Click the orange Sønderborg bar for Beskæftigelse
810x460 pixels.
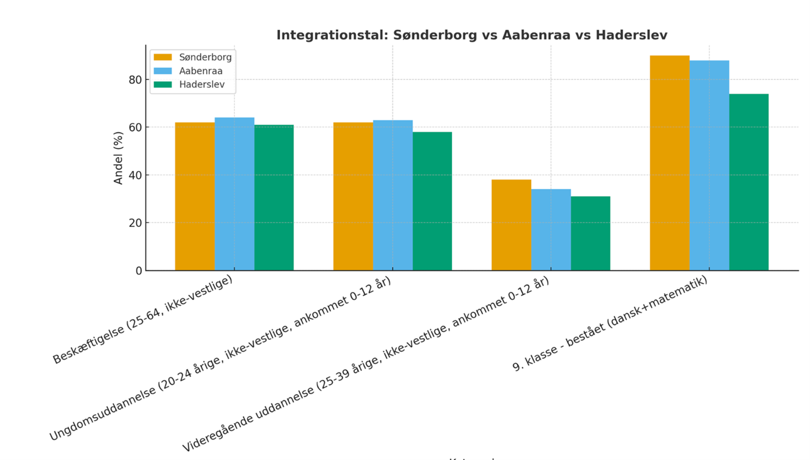point(195,196)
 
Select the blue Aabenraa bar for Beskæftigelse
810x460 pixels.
point(234,194)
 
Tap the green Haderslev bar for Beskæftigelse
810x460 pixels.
point(274,197)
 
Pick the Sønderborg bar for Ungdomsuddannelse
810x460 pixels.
point(353,196)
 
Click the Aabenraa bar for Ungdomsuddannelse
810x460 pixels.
point(393,195)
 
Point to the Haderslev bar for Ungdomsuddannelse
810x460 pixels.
point(433,201)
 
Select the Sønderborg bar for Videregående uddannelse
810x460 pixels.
point(511,225)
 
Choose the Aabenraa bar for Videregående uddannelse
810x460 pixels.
point(551,230)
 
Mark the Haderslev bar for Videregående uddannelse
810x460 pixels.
point(590,233)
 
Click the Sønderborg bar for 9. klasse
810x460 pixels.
point(670,163)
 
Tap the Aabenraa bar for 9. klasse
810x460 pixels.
point(709,165)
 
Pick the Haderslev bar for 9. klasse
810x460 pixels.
point(749,182)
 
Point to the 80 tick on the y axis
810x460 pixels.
point(135,80)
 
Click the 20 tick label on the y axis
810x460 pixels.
point(135,223)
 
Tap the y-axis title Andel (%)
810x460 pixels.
point(118,158)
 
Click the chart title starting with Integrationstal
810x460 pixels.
point(472,35)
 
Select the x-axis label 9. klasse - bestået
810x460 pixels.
point(610,323)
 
